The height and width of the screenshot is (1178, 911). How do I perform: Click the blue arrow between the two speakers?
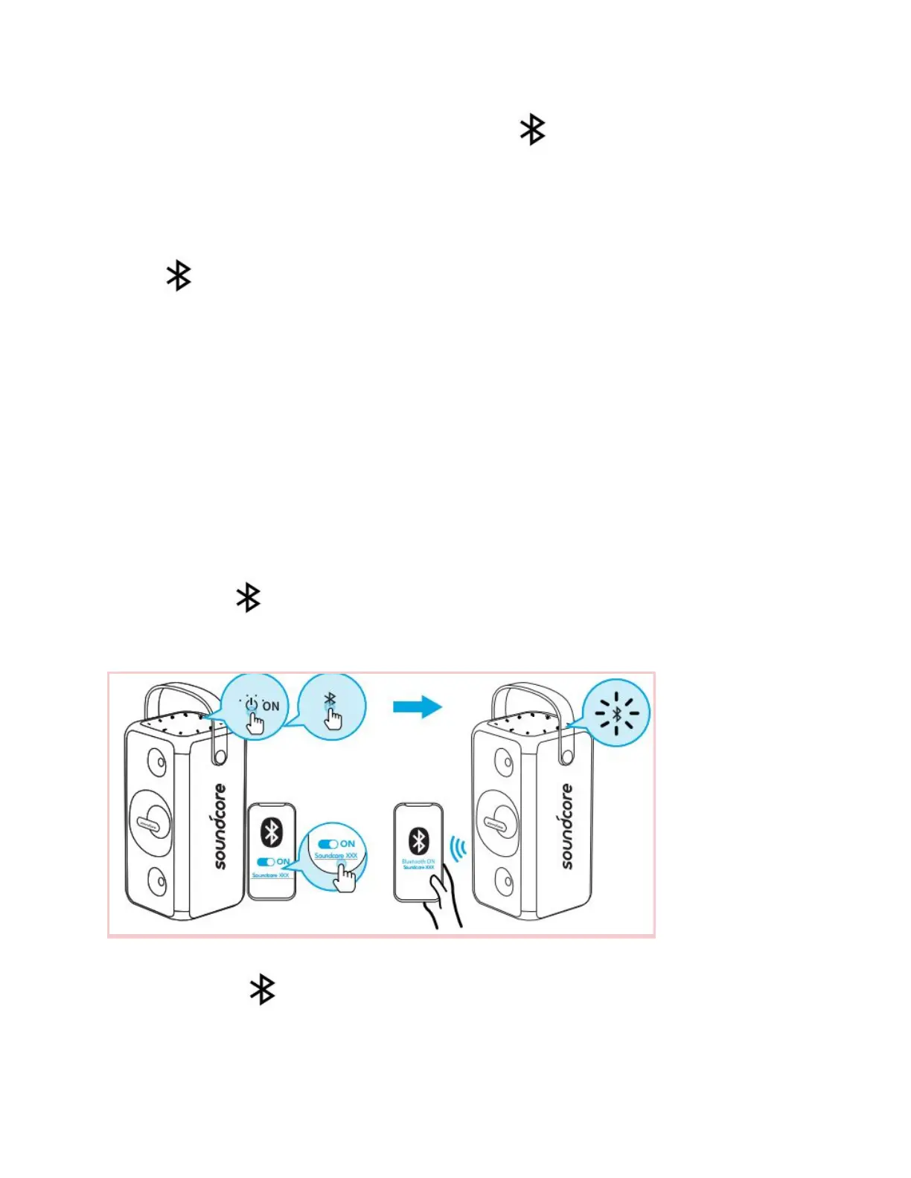pos(418,707)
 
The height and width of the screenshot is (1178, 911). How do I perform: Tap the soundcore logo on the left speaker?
pos(220,825)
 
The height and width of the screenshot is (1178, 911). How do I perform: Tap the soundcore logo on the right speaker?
pos(567,825)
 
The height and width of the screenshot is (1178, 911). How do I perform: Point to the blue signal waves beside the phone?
pos(459,848)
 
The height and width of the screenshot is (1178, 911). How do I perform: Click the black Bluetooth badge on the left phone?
pos(271,832)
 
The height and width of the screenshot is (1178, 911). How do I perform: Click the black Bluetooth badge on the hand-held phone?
pos(419,841)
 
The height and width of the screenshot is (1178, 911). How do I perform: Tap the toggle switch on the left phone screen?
pos(266,862)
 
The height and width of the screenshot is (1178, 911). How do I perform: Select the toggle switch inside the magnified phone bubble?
pos(328,844)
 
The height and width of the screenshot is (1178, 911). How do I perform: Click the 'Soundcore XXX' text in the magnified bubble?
pos(336,856)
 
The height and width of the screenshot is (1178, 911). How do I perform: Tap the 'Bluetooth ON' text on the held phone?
pos(418,861)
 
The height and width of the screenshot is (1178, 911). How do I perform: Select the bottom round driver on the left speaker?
pos(157,882)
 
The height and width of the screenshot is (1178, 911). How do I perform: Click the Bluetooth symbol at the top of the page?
pos(532,129)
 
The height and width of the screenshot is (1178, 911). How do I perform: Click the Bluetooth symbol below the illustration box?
pos(262,990)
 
